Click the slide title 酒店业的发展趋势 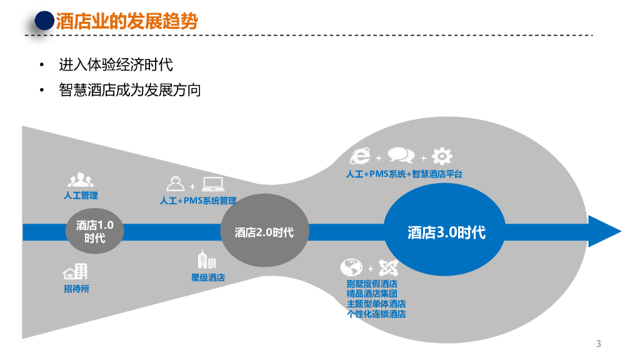click(127, 22)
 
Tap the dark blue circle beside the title click(44, 21)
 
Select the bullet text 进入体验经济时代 click(116, 64)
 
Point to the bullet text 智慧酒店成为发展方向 click(130, 90)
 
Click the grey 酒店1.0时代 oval click(94, 231)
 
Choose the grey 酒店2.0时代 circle click(264, 232)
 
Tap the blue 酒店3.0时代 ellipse click(446, 232)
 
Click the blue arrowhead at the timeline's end click(602, 232)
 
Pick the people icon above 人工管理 click(81, 181)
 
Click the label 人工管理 click(81, 196)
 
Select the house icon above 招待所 click(75, 271)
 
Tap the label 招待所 click(76, 289)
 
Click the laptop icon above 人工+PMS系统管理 click(213, 184)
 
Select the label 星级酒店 click(208, 277)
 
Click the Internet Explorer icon click(361, 156)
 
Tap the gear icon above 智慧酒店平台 click(442, 156)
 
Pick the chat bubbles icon click(401, 156)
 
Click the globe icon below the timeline click(351, 267)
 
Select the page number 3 click(598, 344)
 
